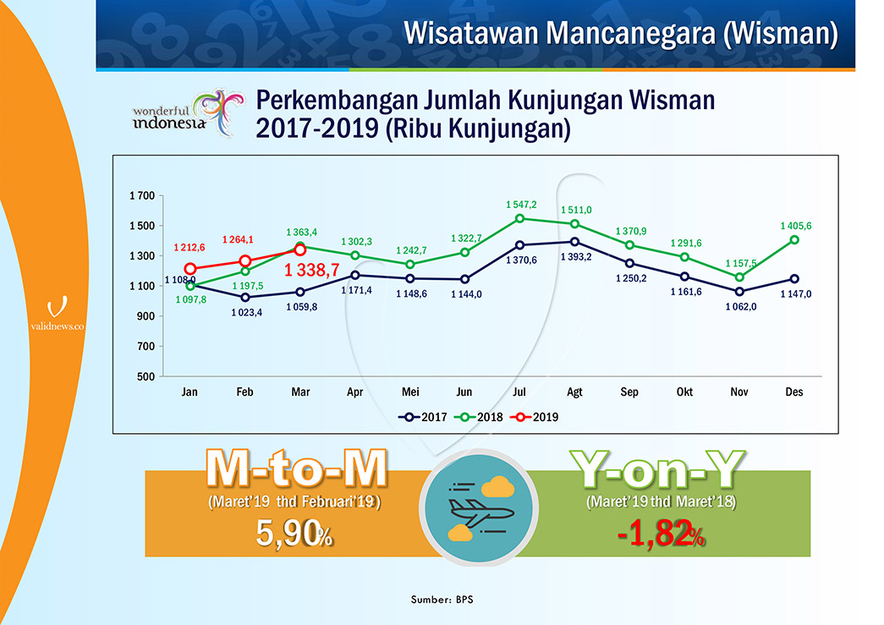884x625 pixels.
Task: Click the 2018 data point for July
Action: [520, 218]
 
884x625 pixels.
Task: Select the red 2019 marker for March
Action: [299, 249]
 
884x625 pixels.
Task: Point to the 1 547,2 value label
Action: [521, 205]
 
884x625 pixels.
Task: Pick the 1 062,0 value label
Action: [740, 306]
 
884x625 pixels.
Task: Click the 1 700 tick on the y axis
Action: [141, 196]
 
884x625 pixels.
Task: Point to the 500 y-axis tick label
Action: [146, 377]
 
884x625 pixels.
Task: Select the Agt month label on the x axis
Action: [575, 392]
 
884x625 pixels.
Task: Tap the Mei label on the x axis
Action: [409, 392]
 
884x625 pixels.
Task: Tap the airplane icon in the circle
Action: [479, 508]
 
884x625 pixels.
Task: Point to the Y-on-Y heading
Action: [658, 469]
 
